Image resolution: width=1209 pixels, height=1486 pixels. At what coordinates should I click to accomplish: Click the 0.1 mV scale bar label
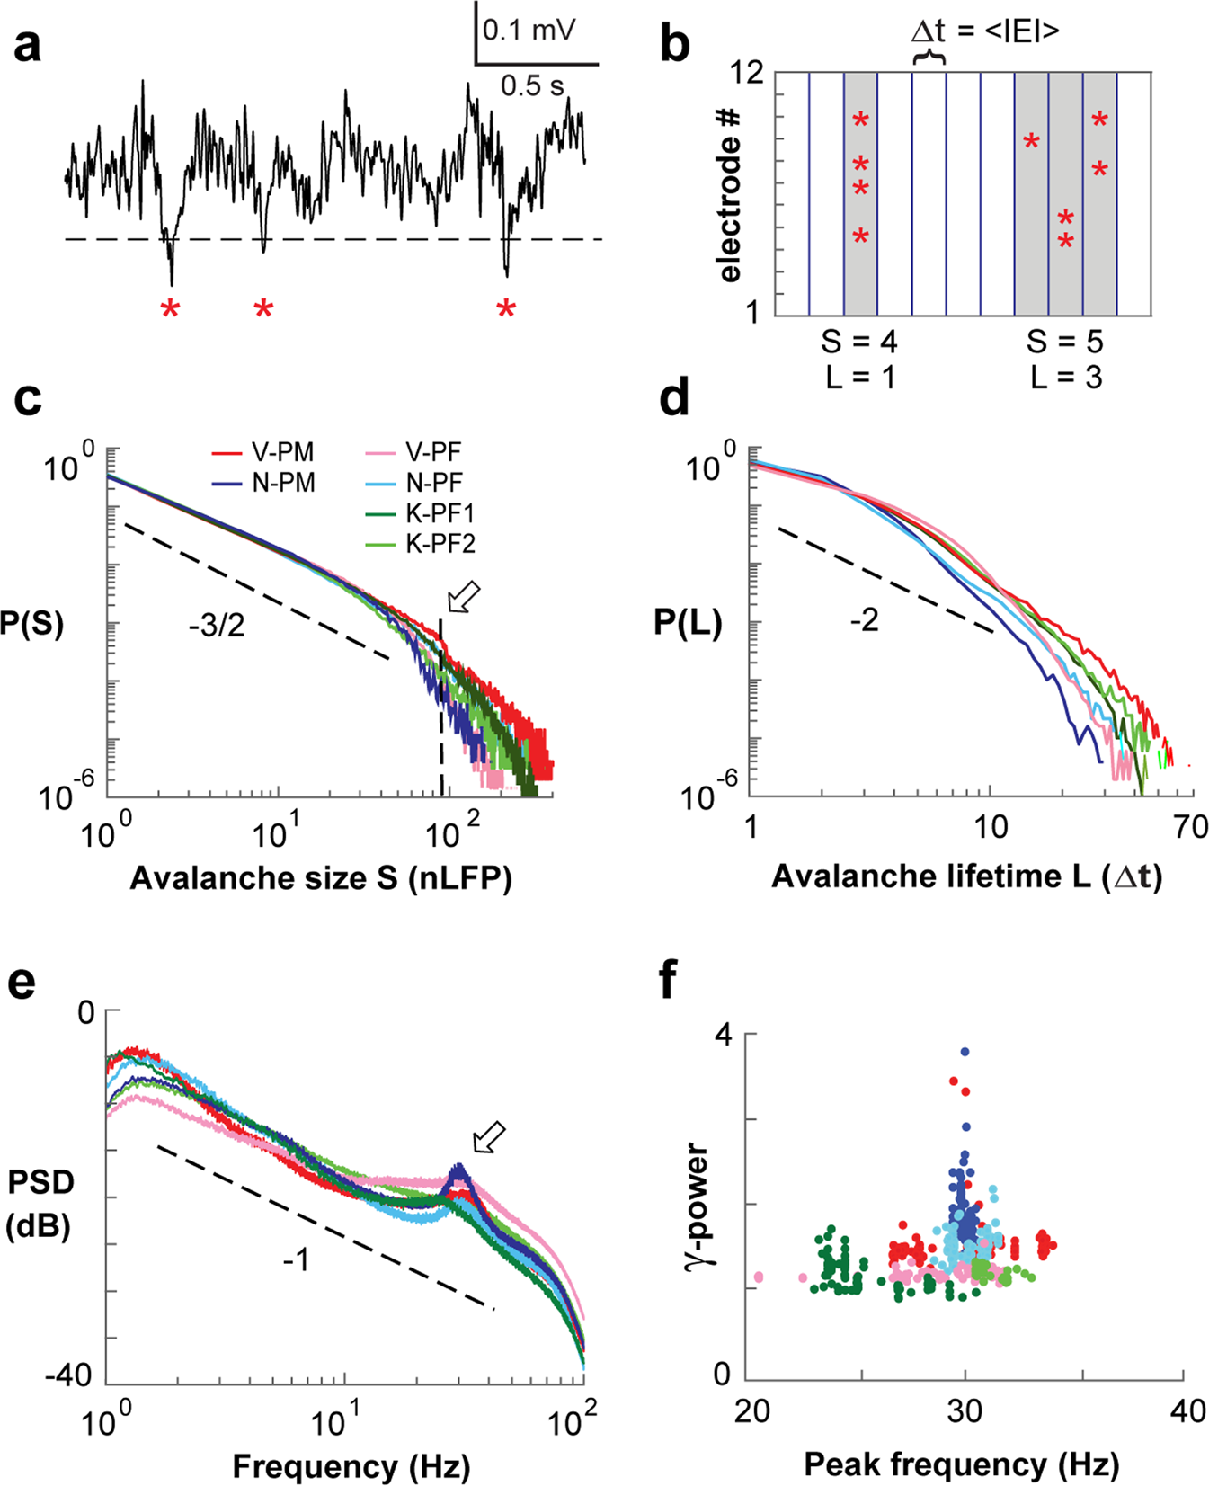click(x=529, y=31)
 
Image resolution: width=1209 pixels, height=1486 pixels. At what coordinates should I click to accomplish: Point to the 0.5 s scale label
click(x=532, y=86)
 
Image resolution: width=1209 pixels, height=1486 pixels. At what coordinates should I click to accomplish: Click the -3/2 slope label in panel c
click(x=217, y=625)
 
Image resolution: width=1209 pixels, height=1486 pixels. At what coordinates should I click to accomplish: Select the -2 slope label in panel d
click(x=864, y=620)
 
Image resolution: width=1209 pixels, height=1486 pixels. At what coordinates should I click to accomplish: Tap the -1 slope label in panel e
click(x=296, y=1260)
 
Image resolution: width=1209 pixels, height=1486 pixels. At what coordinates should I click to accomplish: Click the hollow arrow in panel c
click(x=464, y=597)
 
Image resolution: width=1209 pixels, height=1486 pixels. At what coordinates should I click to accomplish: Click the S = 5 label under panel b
click(x=1065, y=342)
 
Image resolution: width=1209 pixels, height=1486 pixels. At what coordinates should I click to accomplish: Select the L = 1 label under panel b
click(x=860, y=378)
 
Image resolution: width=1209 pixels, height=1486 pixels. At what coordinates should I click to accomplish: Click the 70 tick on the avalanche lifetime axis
click(x=1191, y=827)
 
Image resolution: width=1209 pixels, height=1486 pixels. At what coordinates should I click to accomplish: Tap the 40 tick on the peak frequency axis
click(x=1187, y=1410)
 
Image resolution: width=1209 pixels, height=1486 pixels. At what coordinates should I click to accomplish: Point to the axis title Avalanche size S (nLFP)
click(x=321, y=878)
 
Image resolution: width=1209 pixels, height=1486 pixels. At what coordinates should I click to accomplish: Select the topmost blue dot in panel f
click(x=965, y=1051)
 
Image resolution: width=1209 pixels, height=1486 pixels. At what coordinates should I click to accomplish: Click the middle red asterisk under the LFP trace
click(x=262, y=310)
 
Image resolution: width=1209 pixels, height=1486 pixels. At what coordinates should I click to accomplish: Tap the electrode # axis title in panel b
click(x=730, y=194)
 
